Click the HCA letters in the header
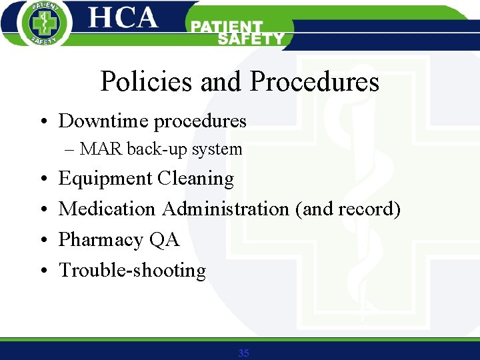coord(123,19)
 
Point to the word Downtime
coord(103,121)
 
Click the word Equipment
coord(105,179)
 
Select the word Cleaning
coord(195,179)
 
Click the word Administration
coord(225,209)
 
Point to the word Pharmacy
coord(101,240)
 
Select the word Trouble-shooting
coord(132,271)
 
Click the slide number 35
coord(243,353)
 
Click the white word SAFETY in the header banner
coord(251,39)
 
